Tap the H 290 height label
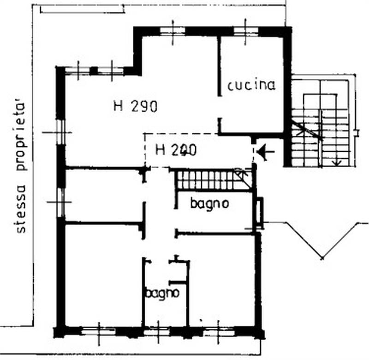pos(136,107)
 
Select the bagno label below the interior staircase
pos(210,204)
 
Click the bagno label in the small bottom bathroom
pos(162,293)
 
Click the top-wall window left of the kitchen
pos(173,30)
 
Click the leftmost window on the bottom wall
pos(98,330)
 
